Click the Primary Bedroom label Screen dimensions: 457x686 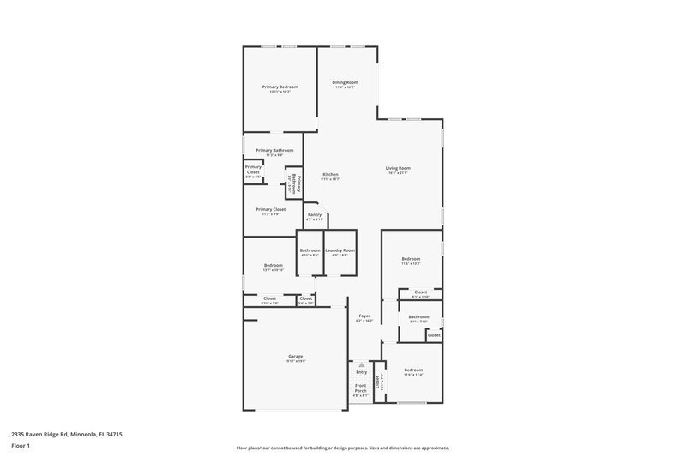tap(280, 87)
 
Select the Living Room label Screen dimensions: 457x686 tap(398, 168)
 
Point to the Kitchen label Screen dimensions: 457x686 tap(330, 175)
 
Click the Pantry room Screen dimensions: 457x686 tap(315, 216)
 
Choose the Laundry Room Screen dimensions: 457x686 tap(340, 252)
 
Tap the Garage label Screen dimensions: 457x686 tap(295, 356)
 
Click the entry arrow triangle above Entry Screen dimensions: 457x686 tap(361, 364)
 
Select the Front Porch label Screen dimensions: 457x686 tap(361, 388)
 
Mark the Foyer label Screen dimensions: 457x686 tap(364, 316)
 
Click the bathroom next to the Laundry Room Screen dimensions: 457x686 tap(310, 252)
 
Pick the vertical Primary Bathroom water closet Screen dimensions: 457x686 tap(294, 182)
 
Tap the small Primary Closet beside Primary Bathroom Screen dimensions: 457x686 tap(253, 170)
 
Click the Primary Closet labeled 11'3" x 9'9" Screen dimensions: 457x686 tap(270, 210)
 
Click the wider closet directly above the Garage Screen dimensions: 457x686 tap(269, 299)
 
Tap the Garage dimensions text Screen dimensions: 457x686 tap(295, 361)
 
